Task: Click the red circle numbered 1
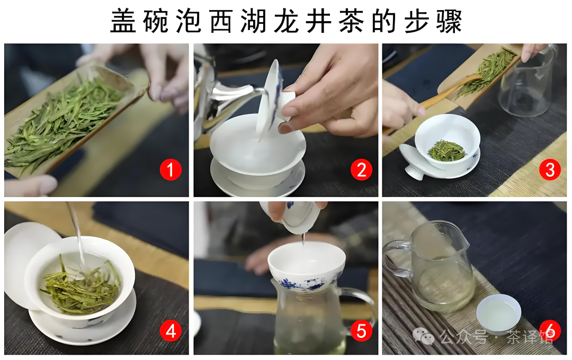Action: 171,169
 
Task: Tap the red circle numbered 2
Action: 361,169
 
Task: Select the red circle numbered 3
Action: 550,169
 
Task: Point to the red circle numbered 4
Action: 171,331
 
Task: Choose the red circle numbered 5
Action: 361,331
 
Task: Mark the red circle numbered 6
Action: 550,331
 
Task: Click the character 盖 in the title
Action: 123,21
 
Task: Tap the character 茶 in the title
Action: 351,21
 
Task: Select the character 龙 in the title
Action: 286,21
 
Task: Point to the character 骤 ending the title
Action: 449,21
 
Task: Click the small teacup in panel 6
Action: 498,314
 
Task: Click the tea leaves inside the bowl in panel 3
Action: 446,150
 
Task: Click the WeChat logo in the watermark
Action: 423,336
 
